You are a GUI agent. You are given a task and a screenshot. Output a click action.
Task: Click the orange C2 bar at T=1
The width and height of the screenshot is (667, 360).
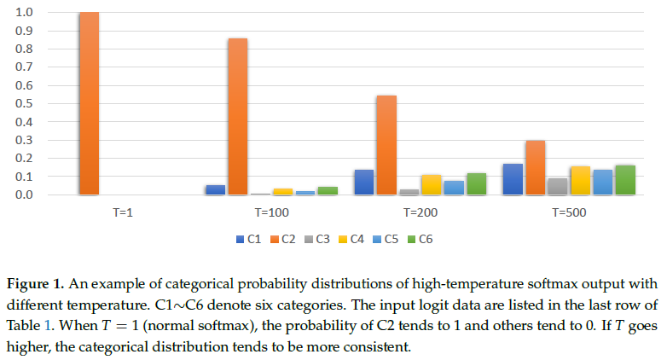(x=89, y=103)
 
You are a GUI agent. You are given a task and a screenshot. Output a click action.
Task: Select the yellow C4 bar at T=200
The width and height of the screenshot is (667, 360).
(x=431, y=184)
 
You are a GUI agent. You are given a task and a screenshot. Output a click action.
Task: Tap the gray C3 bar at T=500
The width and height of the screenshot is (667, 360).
(x=557, y=186)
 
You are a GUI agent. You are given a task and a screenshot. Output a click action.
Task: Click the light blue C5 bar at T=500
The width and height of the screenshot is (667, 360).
(x=602, y=182)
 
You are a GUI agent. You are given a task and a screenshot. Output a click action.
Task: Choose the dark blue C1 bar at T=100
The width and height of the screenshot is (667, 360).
(x=215, y=189)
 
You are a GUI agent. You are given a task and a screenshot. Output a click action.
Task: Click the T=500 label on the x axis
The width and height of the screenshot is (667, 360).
(x=569, y=210)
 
